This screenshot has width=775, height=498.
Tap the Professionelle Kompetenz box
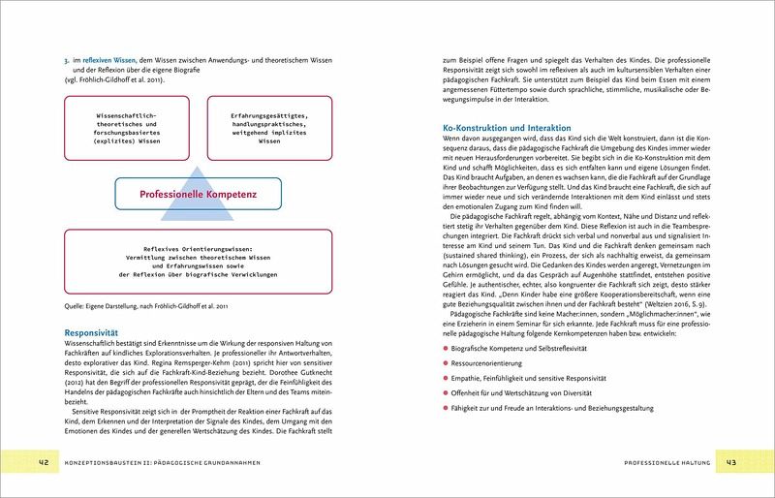pos(197,195)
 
